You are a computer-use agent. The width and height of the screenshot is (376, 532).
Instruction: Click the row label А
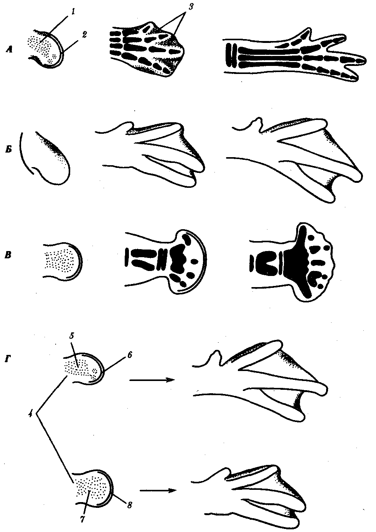coord(9,49)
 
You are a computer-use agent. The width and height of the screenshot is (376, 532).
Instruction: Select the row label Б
coord(8,150)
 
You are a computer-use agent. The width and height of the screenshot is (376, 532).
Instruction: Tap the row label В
coord(8,256)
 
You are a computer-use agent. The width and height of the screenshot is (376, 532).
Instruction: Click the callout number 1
coord(73,11)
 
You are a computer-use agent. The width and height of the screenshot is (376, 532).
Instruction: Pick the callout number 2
coord(84,35)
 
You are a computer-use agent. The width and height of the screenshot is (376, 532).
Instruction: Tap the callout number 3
coord(191,7)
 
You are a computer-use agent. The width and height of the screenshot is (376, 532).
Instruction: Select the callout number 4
coord(30,414)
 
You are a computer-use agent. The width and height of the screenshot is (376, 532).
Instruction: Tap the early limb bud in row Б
coord(45,158)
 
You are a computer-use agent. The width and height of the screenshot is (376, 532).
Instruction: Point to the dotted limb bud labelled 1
coord(46,49)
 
